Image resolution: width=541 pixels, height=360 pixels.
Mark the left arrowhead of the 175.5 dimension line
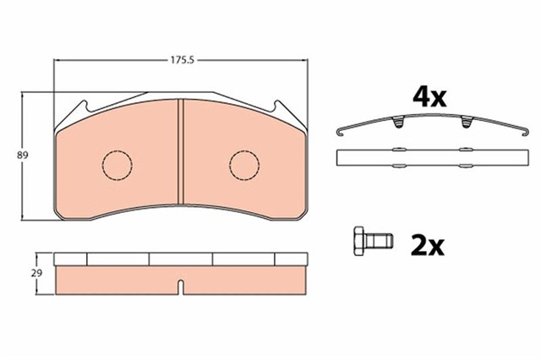click(57, 60)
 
